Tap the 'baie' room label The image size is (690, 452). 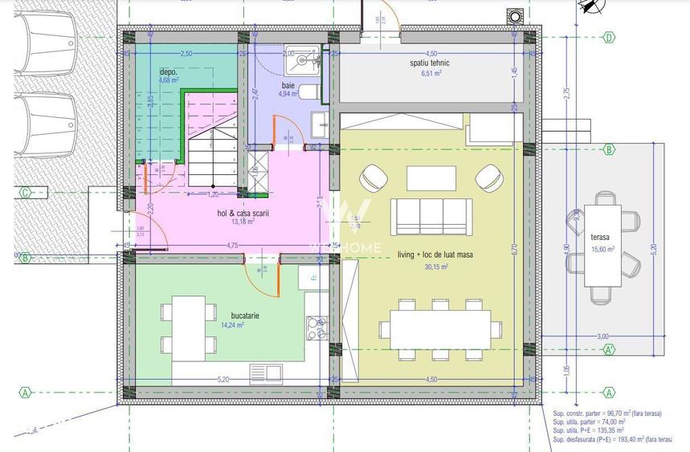point(288,85)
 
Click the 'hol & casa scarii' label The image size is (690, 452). point(243,213)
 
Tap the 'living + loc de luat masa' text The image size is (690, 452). point(435,255)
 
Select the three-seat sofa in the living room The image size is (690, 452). point(427,217)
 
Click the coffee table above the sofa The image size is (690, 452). point(431,178)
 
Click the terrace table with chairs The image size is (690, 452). point(601,246)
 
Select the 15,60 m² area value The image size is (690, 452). point(602,249)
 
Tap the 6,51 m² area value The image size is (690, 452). point(431,73)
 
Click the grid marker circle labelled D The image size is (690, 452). point(610,37)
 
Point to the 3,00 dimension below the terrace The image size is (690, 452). point(602,336)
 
